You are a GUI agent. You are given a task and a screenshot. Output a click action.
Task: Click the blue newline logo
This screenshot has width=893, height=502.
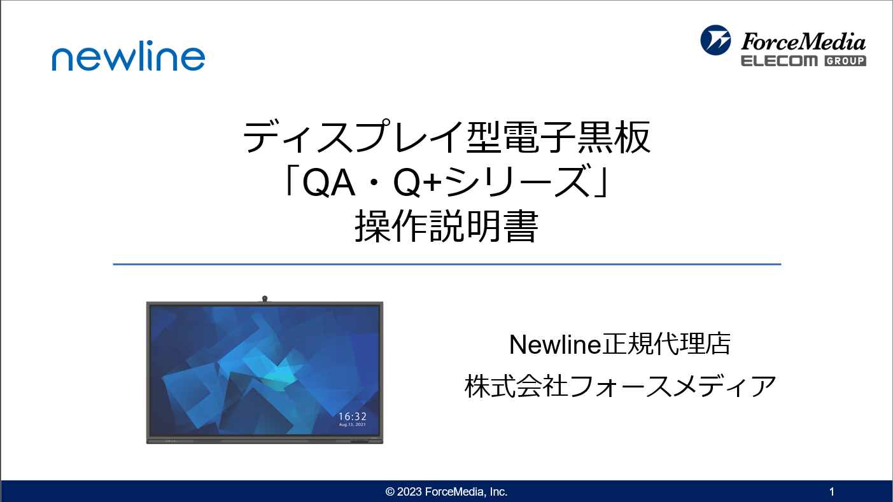pos(129,56)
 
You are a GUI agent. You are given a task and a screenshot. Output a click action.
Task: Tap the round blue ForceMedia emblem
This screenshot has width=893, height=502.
pos(715,40)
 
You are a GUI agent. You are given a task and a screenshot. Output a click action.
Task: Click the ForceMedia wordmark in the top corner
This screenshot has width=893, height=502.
pos(803,42)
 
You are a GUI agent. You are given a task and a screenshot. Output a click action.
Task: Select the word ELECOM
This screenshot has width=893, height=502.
pos(779,61)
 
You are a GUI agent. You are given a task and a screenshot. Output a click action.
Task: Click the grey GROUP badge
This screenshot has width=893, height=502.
pos(845,61)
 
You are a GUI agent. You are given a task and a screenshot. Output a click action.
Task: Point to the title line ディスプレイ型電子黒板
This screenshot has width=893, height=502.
pos(447,137)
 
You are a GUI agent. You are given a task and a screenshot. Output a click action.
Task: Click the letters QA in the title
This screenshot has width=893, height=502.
pos(328,183)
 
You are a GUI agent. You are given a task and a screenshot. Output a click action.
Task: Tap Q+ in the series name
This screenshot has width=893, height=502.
pos(418,183)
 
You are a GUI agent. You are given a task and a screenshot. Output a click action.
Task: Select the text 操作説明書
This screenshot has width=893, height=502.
pos(447,227)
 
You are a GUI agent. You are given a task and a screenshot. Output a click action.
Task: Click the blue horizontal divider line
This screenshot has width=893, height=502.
pos(447,264)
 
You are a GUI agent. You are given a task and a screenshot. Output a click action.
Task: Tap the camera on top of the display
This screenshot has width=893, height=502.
pos(265,298)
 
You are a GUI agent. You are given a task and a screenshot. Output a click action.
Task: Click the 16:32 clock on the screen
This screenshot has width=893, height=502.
pos(353,417)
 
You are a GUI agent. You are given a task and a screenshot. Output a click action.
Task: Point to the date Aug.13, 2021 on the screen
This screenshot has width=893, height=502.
pos(353,425)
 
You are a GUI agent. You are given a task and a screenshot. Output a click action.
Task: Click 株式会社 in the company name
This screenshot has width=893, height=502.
pos(516,386)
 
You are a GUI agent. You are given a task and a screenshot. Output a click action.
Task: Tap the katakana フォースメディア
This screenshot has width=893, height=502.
pos(673,386)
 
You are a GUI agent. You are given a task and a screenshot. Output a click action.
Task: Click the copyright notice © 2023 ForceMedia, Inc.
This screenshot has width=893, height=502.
pos(447,492)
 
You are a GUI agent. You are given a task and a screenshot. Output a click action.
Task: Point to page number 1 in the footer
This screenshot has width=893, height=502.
pos(832,492)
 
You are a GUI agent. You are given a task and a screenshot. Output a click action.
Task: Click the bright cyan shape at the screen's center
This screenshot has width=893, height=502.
pos(279,377)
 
